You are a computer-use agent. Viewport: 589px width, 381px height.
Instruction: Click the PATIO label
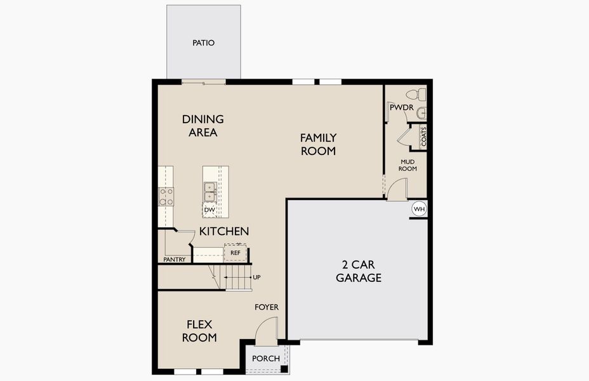[203, 43]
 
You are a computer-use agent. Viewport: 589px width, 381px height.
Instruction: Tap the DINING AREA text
[202, 126]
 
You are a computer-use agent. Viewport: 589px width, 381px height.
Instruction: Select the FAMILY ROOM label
[318, 144]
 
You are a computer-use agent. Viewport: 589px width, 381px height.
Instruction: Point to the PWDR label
[402, 108]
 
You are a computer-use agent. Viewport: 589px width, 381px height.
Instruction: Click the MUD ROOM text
[407, 165]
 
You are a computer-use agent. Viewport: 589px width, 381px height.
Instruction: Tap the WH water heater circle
[419, 208]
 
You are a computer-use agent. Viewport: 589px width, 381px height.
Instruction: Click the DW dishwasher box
[209, 210]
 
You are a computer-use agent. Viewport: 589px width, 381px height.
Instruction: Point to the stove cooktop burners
[166, 197]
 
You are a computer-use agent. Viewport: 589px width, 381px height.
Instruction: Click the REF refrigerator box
[235, 253]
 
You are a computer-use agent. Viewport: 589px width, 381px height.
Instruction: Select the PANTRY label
[175, 260]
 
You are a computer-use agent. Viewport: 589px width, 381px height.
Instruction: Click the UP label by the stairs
[256, 277]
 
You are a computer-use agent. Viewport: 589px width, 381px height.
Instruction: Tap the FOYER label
[267, 307]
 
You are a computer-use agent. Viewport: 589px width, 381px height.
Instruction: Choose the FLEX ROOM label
[199, 331]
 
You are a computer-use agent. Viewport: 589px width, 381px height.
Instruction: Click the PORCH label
[266, 359]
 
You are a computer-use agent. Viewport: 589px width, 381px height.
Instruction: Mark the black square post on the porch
[284, 368]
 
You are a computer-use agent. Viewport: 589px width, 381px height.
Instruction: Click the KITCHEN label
[224, 232]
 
